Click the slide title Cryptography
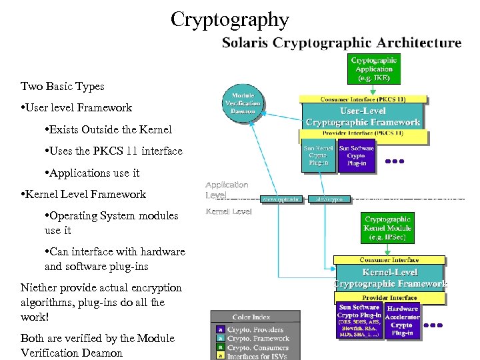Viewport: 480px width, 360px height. (x=229, y=19)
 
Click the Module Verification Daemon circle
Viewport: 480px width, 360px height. (x=243, y=102)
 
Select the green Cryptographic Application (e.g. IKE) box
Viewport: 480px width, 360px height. (x=374, y=69)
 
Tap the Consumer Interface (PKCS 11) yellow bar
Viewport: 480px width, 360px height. (x=362, y=99)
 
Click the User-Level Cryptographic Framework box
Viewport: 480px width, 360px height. (x=363, y=117)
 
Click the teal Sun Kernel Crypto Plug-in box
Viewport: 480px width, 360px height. (x=319, y=157)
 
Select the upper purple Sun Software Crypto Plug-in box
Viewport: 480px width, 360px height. (x=356, y=157)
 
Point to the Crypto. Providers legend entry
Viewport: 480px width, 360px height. (x=255, y=329)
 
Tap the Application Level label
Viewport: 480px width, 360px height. (x=227, y=190)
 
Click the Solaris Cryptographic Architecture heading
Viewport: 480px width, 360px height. (x=341, y=43)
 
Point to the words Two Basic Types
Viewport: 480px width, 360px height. (x=62, y=86)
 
